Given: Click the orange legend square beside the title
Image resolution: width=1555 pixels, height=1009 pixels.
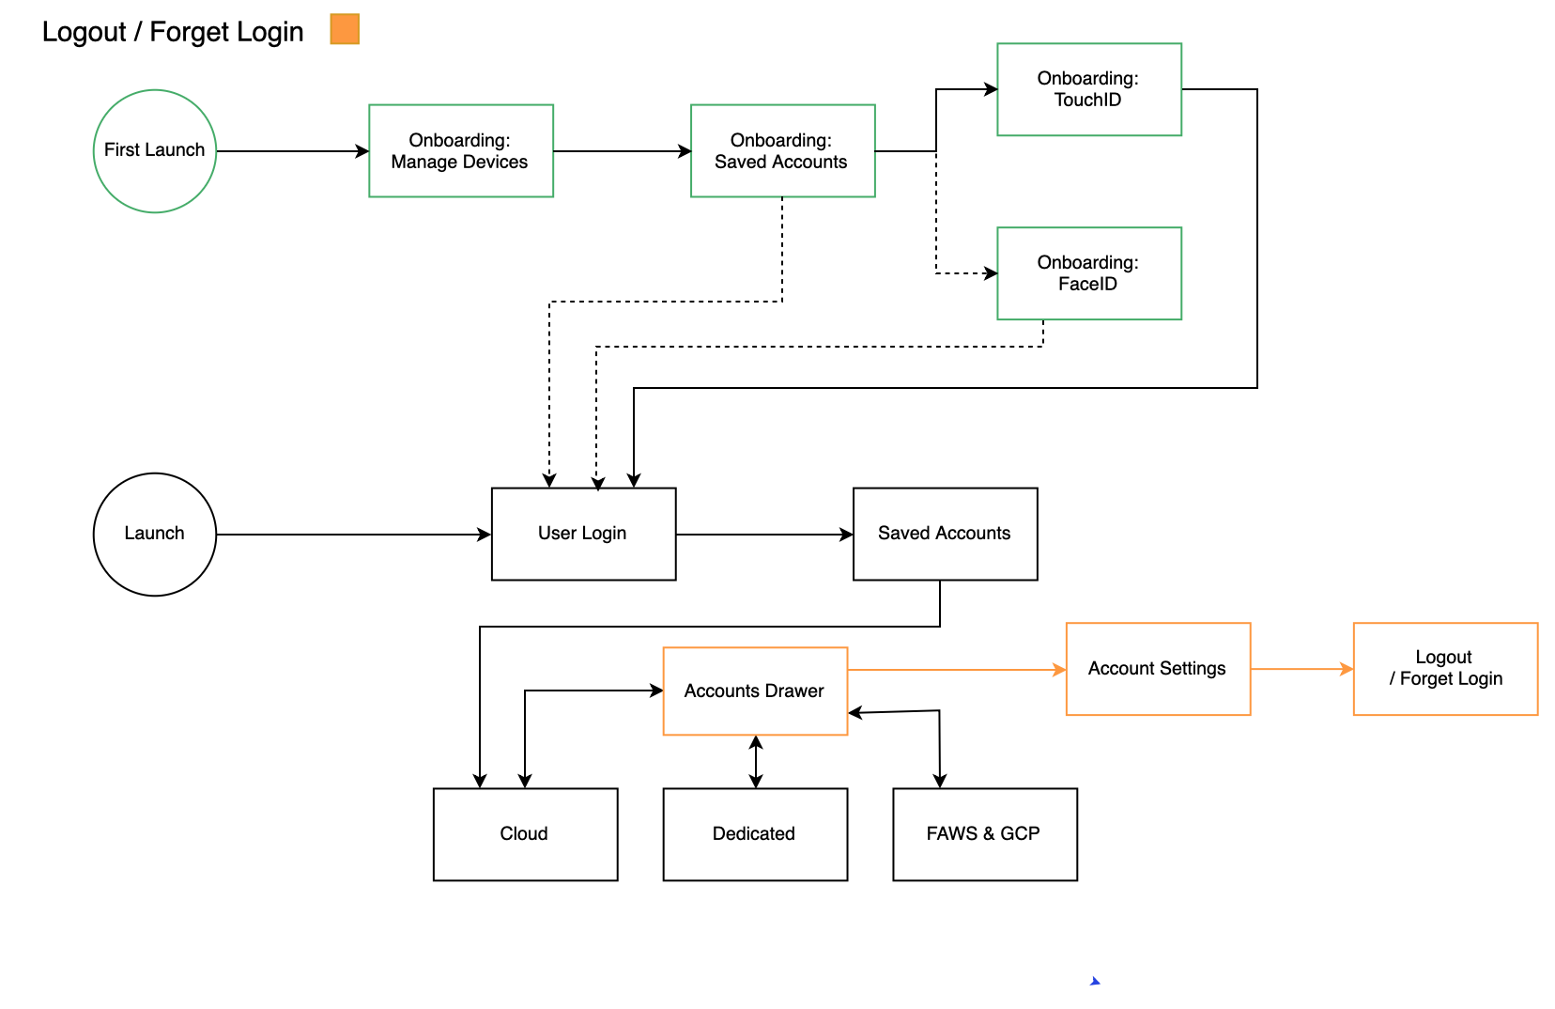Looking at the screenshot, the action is tap(345, 29).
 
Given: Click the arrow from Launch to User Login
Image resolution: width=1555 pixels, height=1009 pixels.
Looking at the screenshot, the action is tap(354, 534).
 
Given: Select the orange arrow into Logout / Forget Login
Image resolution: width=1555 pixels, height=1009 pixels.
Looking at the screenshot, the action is tap(1302, 669).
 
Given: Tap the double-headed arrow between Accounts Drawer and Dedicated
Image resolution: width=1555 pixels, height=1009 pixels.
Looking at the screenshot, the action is tap(756, 762).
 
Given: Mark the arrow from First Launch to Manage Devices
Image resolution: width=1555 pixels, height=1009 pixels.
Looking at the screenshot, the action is tap(292, 150).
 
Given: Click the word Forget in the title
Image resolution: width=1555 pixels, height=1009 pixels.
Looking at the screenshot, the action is tap(190, 32).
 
